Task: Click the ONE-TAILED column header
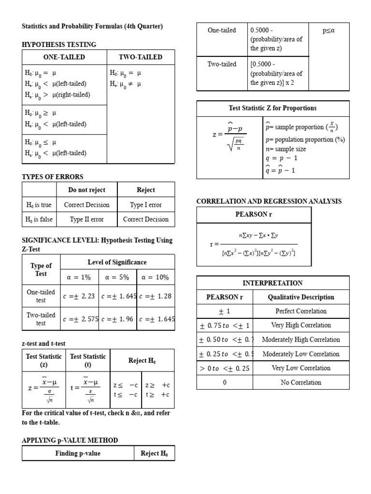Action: tap(64, 57)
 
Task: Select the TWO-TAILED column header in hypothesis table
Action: tap(141, 57)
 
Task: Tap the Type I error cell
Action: tap(146, 205)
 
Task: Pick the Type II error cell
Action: tap(86, 219)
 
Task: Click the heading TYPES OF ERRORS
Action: tap(53, 177)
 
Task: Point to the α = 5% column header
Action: tap(117, 277)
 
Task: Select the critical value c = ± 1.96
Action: tap(117, 319)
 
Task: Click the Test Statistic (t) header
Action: tap(88, 360)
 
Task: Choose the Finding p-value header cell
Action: tap(78, 453)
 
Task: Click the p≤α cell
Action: tap(328, 30)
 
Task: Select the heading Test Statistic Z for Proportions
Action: tap(272, 108)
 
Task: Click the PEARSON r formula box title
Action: tap(254, 214)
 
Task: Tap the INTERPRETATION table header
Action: tap(272, 283)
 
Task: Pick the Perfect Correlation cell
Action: tap(300, 311)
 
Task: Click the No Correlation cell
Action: tap(300, 383)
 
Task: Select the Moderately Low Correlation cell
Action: tap(300, 354)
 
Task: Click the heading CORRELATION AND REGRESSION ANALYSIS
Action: tap(269, 201)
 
